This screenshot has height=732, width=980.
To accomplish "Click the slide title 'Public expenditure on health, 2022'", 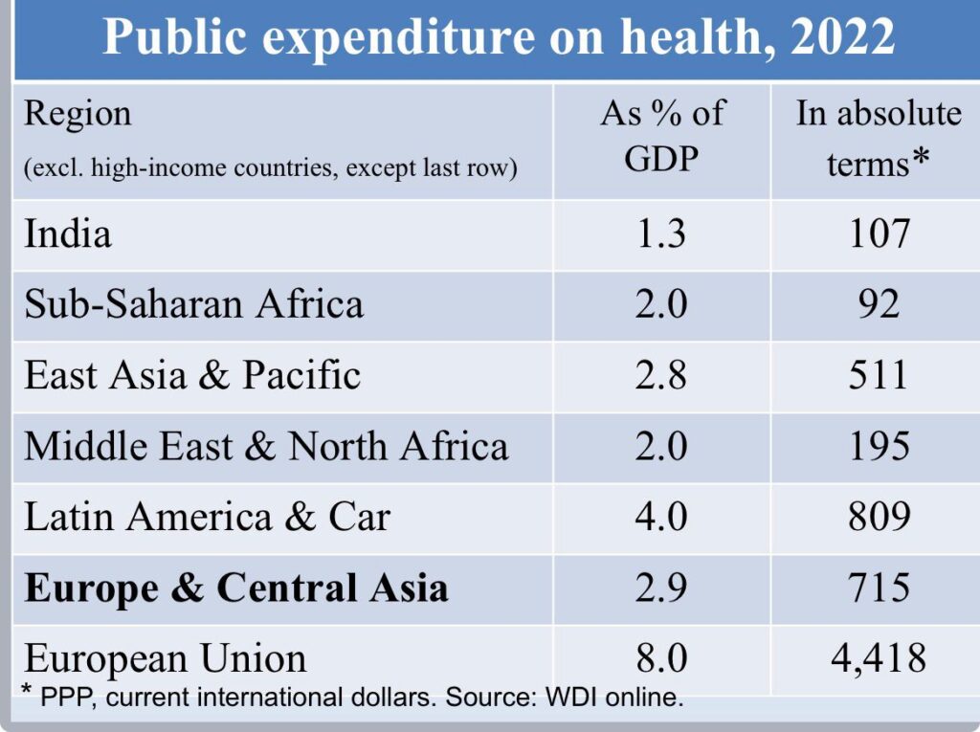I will [498, 38].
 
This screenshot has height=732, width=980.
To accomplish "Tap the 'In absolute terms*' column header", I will [879, 138].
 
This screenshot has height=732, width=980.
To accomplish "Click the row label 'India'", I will [68, 234].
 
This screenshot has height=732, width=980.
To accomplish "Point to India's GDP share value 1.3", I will [661, 234].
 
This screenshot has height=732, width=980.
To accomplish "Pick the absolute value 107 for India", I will [879, 234].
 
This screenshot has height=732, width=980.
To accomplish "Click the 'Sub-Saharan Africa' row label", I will [194, 305].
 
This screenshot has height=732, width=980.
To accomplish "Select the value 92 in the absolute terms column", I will [879, 305].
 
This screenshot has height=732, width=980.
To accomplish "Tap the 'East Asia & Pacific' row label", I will [192, 376].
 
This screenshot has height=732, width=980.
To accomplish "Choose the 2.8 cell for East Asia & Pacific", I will [661, 376].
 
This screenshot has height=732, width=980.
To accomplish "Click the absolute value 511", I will [879, 376].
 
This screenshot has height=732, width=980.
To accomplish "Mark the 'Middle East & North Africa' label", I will [266, 447].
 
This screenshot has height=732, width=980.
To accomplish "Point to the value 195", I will [879, 447].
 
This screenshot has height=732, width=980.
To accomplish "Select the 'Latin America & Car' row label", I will [207, 518].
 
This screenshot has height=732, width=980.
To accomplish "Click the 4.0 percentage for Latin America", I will [661, 518].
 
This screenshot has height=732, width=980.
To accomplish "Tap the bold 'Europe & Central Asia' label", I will [236, 588].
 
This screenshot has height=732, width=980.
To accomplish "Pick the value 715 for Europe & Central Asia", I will [879, 588].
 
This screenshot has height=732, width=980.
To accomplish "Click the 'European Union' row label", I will [166, 658].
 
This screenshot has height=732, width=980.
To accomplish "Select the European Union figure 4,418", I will [879, 658].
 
